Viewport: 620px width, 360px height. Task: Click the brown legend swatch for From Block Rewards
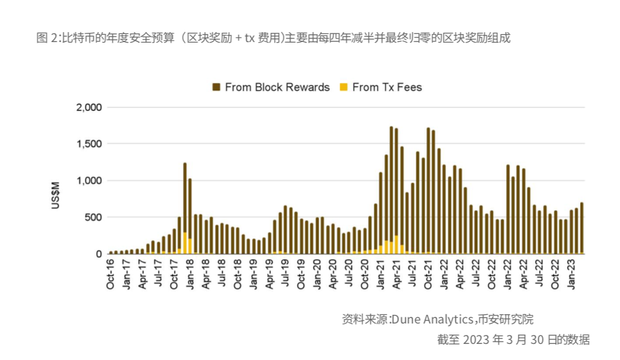click(x=217, y=87)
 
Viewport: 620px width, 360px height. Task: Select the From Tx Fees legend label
click(x=387, y=87)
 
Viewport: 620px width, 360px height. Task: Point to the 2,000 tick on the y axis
click(x=88, y=108)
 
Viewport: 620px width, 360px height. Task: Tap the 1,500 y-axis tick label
click(x=88, y=144)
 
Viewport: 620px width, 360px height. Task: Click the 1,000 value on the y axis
click(x=88, y=181)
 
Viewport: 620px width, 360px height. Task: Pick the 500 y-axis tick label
click(x=93, y=217)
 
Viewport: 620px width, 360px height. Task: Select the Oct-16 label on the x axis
click(x=110, y=273)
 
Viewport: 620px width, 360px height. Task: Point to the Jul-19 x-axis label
click(x=286, y=273)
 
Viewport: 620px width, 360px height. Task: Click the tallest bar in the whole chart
click(x=391, y=186)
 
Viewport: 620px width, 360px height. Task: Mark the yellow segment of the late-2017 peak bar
click(x=185, y=242)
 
